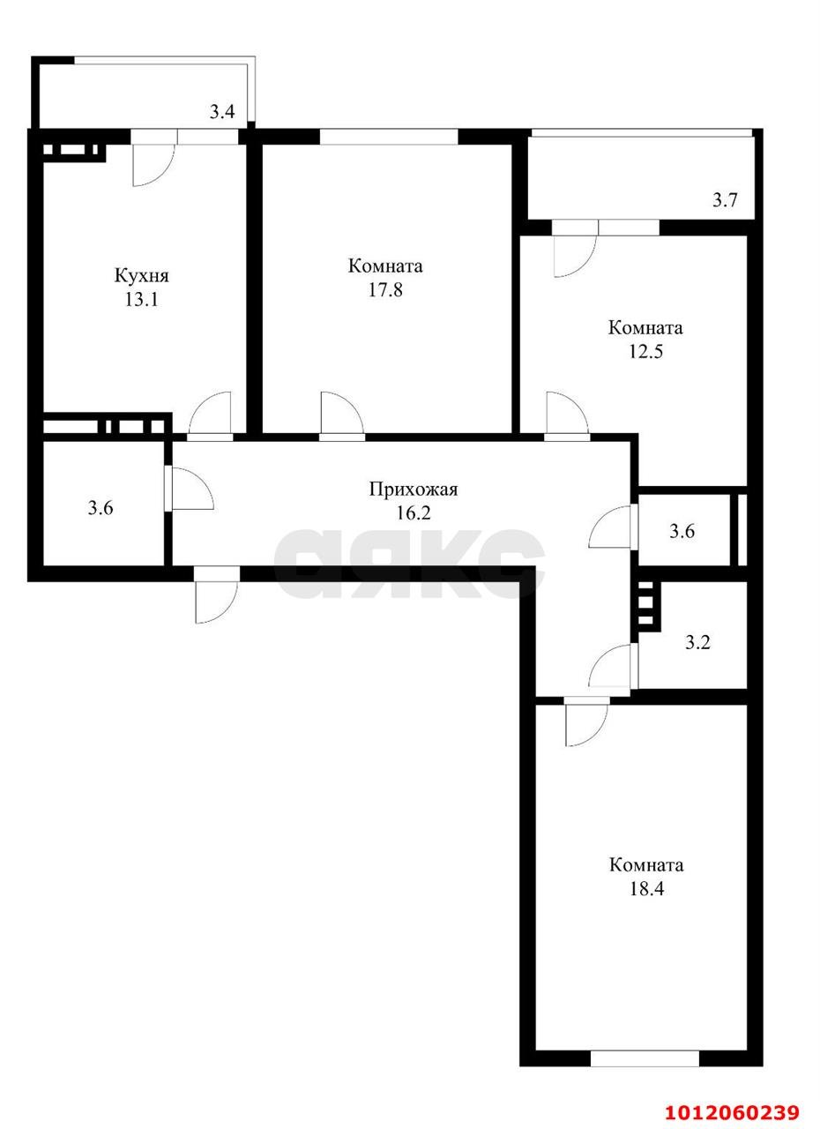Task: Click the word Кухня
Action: (141, 276)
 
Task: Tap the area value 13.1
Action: (141, 299)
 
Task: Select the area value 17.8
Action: (385, 289)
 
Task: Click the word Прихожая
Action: (414, 490)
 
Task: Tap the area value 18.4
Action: (646, 888)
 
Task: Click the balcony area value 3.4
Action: (221, 112)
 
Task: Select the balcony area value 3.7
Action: (725, 200)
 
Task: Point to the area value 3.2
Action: (697, 642)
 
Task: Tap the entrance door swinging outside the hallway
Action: (216, 595)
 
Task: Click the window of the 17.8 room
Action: (389, 137)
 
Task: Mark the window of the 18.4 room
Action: (645, 1058)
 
